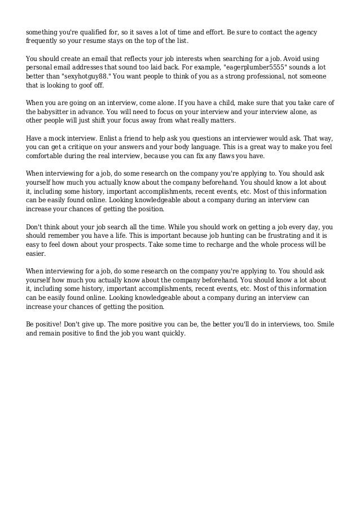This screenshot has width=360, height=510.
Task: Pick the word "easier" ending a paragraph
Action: [36, 254]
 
